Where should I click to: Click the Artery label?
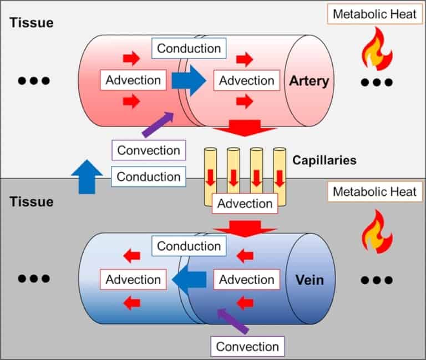point(308,81)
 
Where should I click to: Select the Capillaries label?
point(324,160)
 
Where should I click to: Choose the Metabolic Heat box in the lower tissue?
point(374,192)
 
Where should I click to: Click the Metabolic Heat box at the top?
point(374,14)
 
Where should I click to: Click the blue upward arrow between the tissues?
point(87,177)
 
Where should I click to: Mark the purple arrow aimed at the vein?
point(232,321)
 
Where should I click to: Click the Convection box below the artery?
point(149,150)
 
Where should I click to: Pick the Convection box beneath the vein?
point(247,347)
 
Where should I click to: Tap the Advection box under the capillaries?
point(245,204)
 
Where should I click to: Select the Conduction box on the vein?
point(189,246)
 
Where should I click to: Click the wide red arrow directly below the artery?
point(244,129)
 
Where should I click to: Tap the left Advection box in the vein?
point(133,280)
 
